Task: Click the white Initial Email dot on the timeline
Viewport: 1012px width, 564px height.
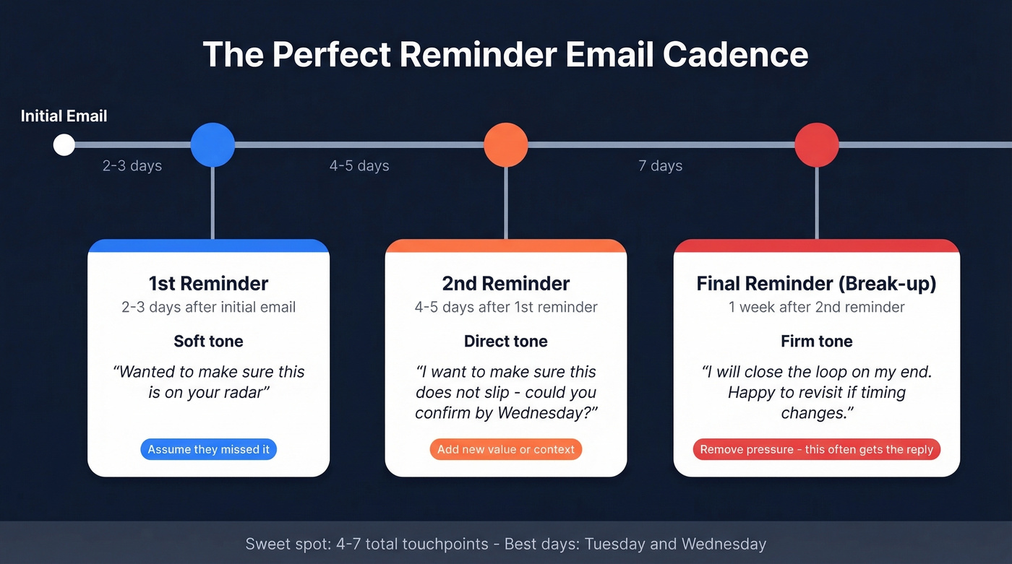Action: (x=64, y=145)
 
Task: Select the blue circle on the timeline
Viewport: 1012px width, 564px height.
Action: (x=213, y=145)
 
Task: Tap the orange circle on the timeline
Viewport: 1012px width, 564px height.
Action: (x=506, y=145)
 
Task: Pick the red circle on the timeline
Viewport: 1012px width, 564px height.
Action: (x=817, y=145)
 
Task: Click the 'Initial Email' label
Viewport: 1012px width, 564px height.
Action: (x=64, y=116)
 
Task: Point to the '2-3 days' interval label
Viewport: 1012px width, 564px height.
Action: (x=132, y=166)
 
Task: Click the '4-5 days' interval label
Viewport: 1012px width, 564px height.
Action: (x=359, y=166)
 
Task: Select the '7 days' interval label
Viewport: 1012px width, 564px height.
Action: (x=660, y=166)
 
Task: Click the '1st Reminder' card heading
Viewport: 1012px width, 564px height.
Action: (x=208, y=284)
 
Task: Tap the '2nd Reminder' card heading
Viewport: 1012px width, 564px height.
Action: (x=506, y=284)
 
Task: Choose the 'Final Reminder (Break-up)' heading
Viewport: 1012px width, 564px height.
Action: (x=817, y=284)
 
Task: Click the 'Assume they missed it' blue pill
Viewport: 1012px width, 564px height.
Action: (x=208, y=449)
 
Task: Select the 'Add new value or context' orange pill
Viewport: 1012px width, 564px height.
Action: (x=506, y=449)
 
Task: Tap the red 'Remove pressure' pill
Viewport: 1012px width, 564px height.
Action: (x=817, y=449)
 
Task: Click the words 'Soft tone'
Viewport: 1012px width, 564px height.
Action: (x=208, y=341)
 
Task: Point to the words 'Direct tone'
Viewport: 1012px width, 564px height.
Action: (x=506, y=341)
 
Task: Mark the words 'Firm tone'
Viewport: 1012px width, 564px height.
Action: (x=817, y=341)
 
